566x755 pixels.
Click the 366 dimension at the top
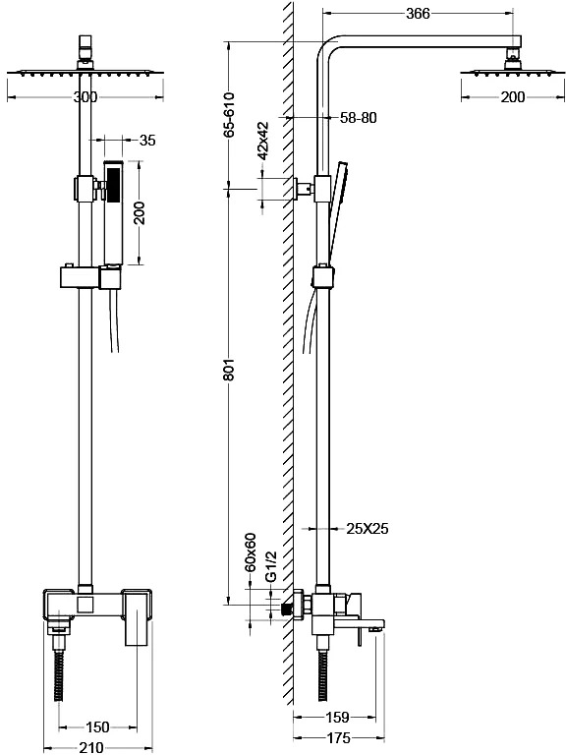418,14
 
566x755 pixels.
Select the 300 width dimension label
85,97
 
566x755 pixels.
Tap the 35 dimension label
147,141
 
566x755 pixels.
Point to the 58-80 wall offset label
358,118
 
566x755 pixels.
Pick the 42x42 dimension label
262,141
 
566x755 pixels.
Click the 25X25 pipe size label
368,529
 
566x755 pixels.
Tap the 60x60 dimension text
251,552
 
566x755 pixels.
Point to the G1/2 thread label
271,566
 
